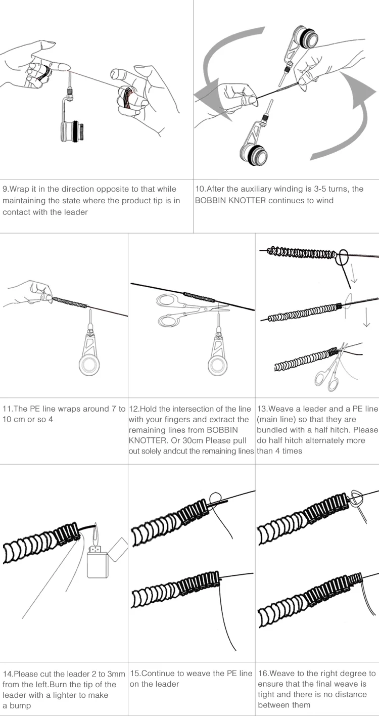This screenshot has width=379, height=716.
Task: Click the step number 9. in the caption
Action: (x=6, y=189)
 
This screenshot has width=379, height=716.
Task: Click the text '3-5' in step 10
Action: (x=309, y=189)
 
